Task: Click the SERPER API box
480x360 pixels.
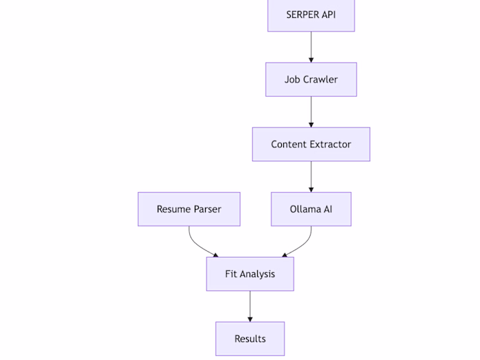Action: point(311,15)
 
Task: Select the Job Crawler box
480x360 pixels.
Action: point(311,80)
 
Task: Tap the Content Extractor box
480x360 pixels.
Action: point(311,144)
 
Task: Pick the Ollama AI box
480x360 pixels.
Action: point(311,209)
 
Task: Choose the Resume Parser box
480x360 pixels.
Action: point(189,209)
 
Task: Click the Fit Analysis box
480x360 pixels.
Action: point(250,274)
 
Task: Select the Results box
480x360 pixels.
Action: point(250,339)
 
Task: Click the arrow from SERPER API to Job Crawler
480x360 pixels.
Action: point(311,47)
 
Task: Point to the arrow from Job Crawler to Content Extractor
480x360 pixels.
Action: point(311,111)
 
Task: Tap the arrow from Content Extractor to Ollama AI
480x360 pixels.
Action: point(311,176)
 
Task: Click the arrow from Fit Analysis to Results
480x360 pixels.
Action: point(250,306)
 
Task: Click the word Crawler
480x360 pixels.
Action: point(320,80)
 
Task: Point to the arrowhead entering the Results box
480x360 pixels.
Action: point(250,319)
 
